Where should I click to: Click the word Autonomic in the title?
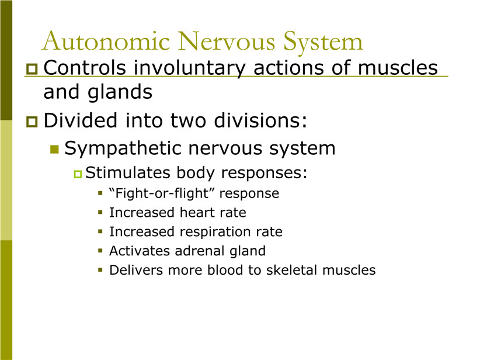click(x=106, y=41)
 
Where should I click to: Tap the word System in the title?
click(x=323, y=43)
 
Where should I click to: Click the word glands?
click(x=120, y=92)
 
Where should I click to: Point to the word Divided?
click(x=81, y=120)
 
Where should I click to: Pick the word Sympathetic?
click(x=123, y=149)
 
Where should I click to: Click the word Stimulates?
click(x=128, y=172)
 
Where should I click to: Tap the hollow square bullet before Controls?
click(x=32, y=69)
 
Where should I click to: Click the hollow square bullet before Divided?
click(x=32, y=122)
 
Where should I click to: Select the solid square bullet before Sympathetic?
click(x=54, y=150)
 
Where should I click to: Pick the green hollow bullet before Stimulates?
click(x=78, y=174)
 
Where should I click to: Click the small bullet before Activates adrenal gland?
click(x=100, y=251)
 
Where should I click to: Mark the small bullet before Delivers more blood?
click(x=100, y=270)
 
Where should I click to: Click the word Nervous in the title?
click(x=227, y=41)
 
